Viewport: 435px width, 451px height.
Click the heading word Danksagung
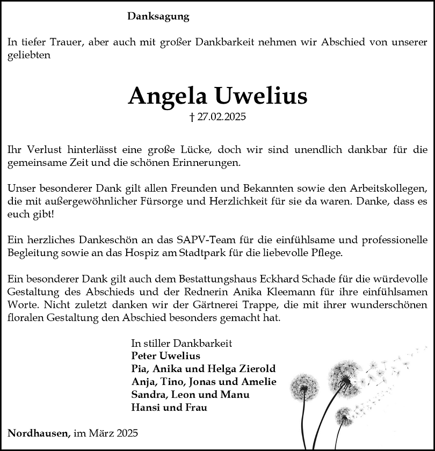158,17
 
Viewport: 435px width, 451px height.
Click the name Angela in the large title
168,96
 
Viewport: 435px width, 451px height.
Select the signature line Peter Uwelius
165,356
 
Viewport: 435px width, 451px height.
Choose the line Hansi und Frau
169,408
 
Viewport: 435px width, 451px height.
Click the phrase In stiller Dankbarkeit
182,343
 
